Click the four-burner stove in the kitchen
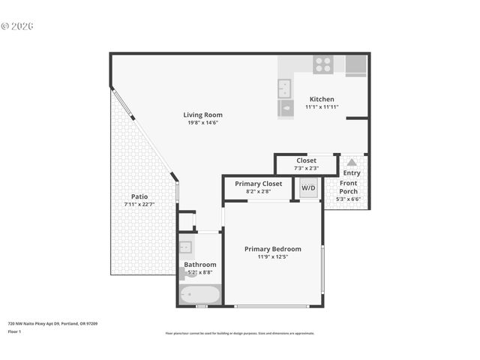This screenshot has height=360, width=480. (x=323, y=65)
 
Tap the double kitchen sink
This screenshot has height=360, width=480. (x=285, y=89)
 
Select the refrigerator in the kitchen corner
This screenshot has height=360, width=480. (x=355, y=65)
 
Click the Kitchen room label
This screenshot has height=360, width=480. (x=322, y=99)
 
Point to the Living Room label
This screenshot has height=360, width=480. (x=202, y=115)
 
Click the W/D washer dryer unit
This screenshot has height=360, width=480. (x=308, y=187)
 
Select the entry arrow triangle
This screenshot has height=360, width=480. (x=352, y=162)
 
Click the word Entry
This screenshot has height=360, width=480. (x=352, y=173)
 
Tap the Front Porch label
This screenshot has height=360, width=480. (x=349, y=187)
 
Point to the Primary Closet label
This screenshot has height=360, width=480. (x=258, y=184)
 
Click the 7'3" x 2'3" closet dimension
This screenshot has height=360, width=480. (x=306, y=168)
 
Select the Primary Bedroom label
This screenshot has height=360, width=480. (x=273, y=249)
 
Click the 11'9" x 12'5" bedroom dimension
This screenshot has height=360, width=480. (x=273, y=257)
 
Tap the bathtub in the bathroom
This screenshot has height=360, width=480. (x=199, y=295)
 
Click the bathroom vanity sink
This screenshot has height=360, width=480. (x=186, y=246)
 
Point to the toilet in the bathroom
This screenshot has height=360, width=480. (x=184, y=274)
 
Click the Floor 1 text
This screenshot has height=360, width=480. (x=15, y=331)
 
